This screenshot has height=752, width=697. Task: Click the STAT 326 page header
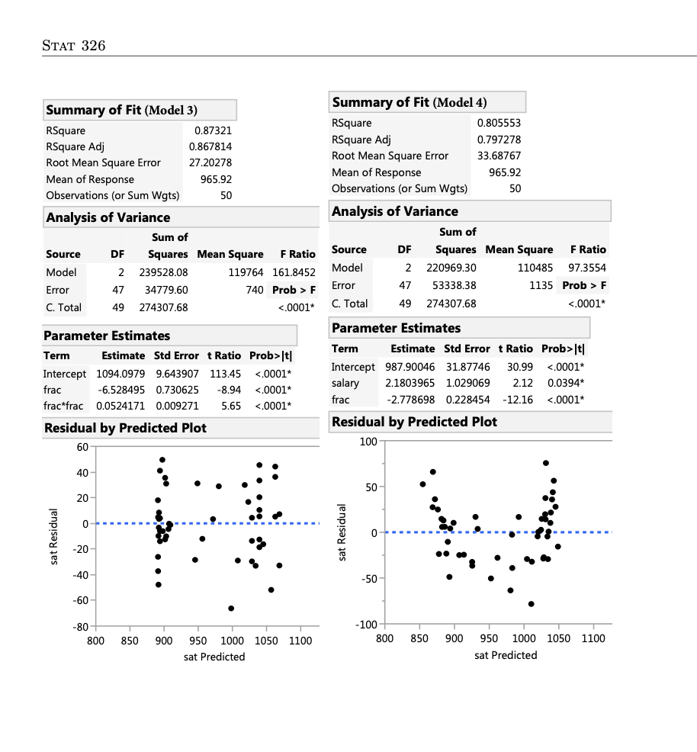(73, 46)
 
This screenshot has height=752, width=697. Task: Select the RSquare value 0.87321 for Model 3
(213, 130)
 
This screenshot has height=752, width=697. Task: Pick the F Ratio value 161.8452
(294, 272)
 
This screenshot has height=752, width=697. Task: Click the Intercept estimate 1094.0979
(120, 374)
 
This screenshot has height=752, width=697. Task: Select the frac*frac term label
(63, 406)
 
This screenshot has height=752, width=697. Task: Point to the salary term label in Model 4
(345, 383)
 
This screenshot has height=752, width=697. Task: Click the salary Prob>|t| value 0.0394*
(564, 383)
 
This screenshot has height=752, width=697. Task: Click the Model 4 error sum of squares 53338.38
(454, 285)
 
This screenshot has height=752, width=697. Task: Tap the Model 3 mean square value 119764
(246, 272)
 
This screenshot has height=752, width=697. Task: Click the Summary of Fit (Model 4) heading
(410, 102)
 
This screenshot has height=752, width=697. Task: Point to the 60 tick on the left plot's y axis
(82, 446)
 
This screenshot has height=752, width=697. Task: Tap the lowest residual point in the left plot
(231, 608)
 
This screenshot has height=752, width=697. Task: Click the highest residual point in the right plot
(546, 463)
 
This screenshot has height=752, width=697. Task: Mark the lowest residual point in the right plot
(531, 603)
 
